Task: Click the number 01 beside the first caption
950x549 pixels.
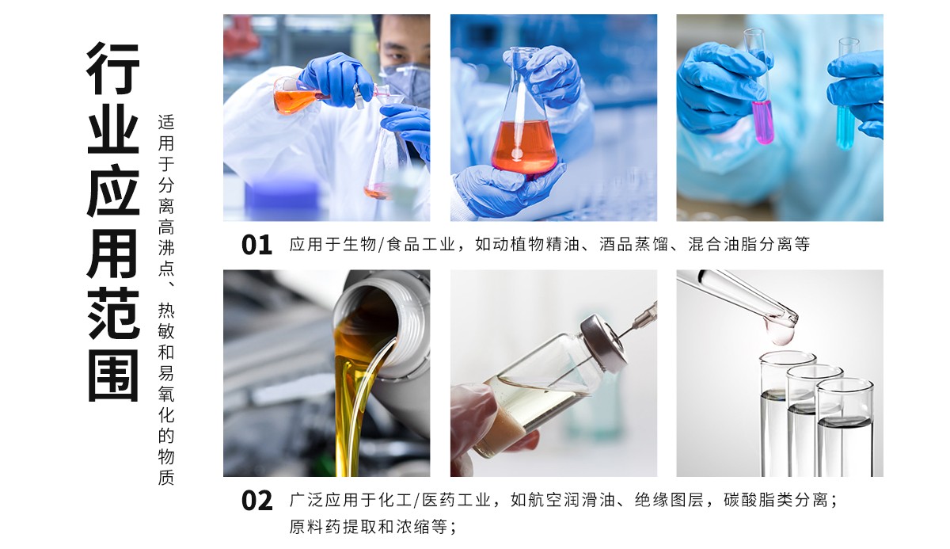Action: pos(256,245)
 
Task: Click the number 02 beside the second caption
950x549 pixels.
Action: pos(256,501)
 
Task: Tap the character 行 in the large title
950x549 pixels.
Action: pos(113,69)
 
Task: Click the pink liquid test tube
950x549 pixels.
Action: pos(763,120)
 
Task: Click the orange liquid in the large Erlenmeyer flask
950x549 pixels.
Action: pos(523,147)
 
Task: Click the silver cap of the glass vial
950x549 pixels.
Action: pos(604,340)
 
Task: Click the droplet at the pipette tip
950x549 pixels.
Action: pos(781,334)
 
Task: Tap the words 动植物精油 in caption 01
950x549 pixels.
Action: pos(530,245)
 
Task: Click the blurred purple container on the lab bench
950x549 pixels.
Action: pos(281,199)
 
